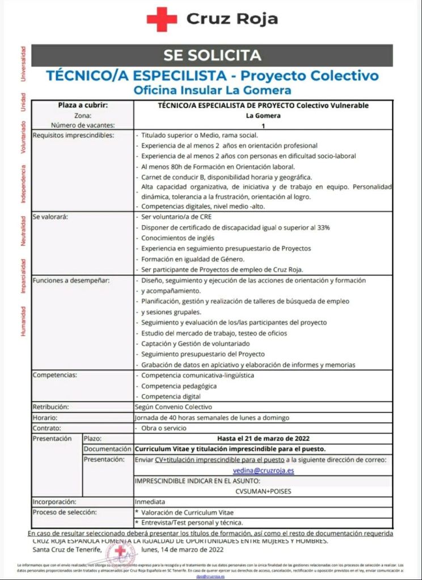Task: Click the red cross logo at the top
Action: point(162,20)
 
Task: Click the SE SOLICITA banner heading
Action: point(212,55)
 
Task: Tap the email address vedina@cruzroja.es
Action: point(264,470)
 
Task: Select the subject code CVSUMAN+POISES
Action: point(263,492)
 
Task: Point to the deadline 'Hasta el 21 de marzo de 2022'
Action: point(264,438)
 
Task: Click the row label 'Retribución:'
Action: point(51,407)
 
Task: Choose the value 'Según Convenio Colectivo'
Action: point(173,407)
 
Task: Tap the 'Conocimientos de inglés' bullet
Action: point(177,238)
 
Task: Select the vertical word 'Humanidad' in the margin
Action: point(23,321)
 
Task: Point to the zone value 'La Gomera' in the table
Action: point(263,116)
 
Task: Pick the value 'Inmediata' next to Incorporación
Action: point(150,502)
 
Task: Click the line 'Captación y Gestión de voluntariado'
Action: point(195,343)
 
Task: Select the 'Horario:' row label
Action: point(45,417)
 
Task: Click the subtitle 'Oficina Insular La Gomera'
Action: point(212,90)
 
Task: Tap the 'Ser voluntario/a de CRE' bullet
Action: point(177,217)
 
